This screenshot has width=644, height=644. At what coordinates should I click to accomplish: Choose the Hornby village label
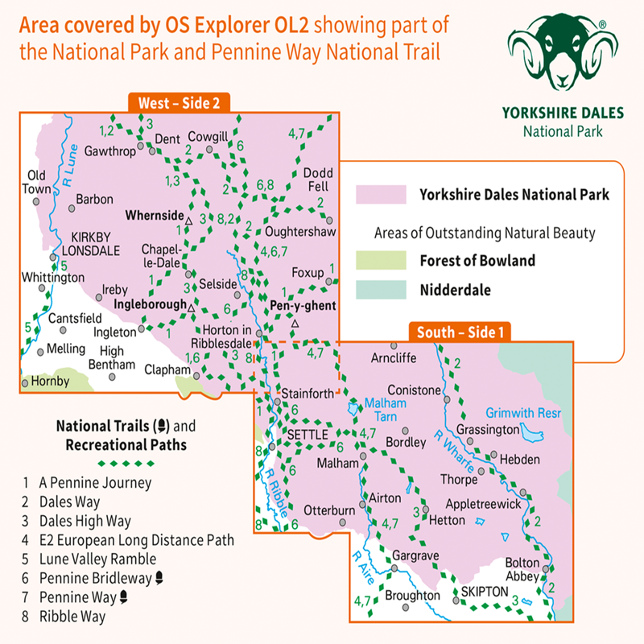pyautogui.click(x=52, y=382)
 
